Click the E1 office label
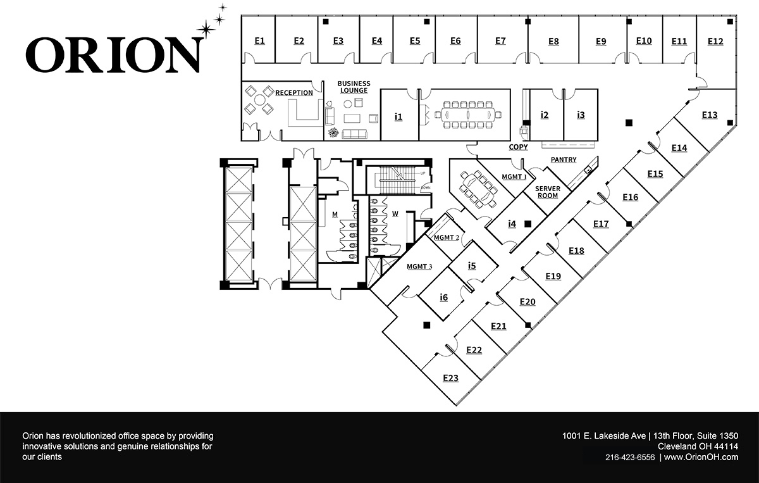point(259,41)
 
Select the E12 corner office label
point(715,41)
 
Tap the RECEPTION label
point(293,93)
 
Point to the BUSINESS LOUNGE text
point(354,87)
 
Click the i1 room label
point(398,116)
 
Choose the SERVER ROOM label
point(547,192)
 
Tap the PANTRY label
point(564,160)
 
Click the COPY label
point(518,147)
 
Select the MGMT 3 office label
point(419,267)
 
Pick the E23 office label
point(450,378)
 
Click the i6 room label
point(444,297)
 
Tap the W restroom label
point(395,214)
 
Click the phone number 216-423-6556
point(629,457)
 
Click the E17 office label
point(601,223)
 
